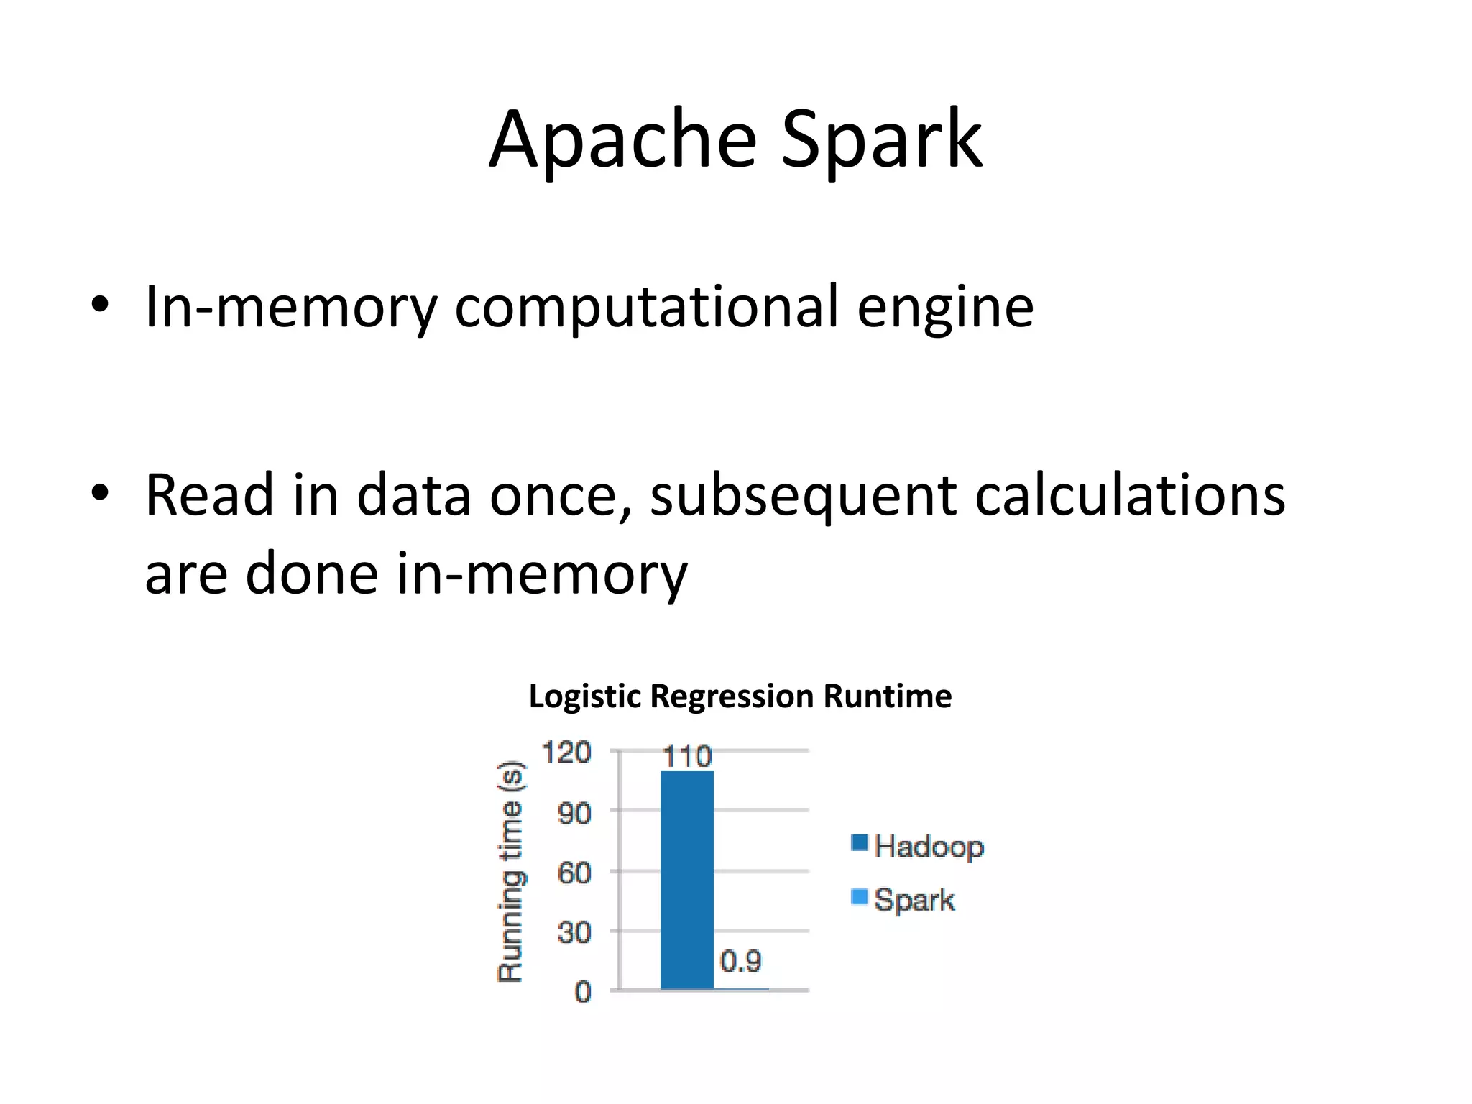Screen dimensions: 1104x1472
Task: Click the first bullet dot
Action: point(100,305)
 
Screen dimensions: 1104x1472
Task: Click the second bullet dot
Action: point(100,494)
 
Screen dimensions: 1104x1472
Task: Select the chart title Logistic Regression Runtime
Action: point(740,696)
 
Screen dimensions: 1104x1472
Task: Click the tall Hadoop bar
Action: point(686,880)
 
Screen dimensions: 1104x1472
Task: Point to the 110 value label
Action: point(686,757)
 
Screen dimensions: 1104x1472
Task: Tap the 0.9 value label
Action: point(740,961)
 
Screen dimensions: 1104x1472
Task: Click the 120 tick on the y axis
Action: point(566,753)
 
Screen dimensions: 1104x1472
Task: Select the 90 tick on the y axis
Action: point(574,813)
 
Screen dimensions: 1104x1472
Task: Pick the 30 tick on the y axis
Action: point(574,932)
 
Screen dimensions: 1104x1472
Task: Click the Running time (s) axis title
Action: point(511,871)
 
